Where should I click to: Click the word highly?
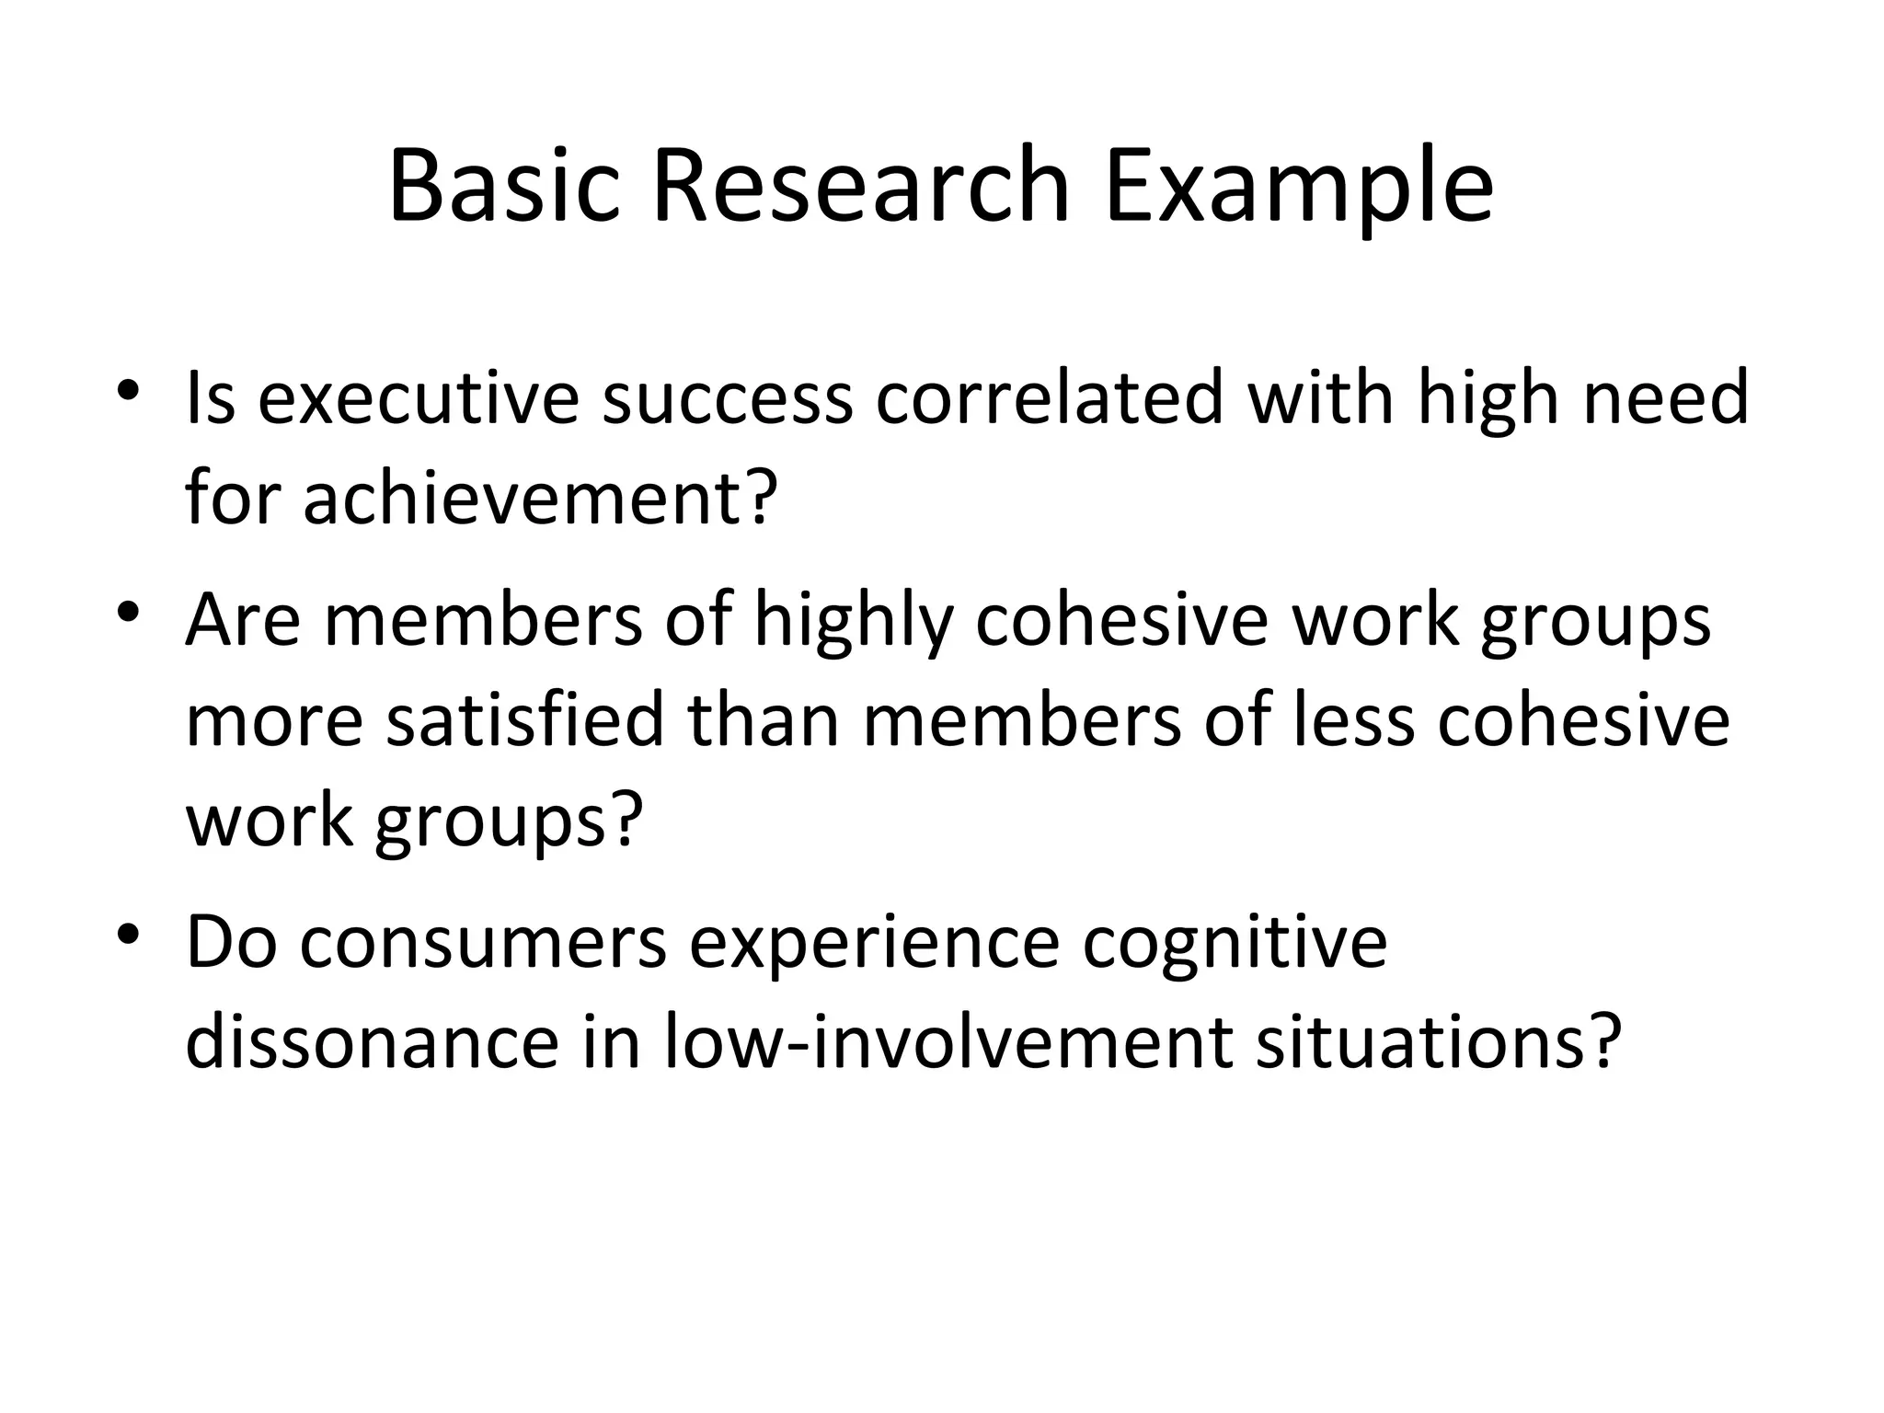coord(853,622)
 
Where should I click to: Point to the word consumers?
coord(483,944)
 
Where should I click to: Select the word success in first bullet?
coord(727,399)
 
